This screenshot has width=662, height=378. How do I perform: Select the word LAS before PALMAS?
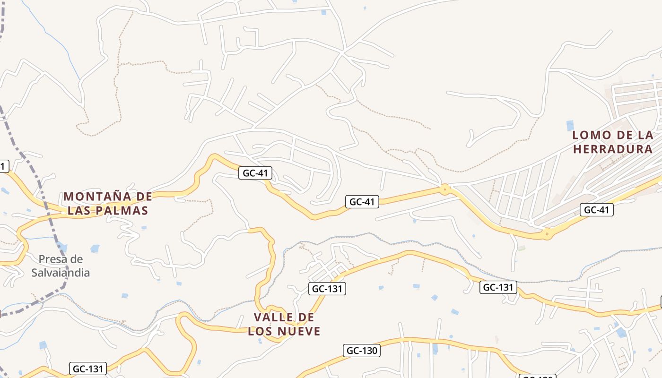(81, 211)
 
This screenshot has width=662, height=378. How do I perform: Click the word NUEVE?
(299, 331)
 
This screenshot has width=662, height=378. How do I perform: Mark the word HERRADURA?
(613, 149)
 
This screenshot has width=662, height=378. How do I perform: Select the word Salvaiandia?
(61, 273)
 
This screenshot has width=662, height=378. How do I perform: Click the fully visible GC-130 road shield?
(362, 351)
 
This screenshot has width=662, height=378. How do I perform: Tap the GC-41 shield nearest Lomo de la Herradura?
(597, 210)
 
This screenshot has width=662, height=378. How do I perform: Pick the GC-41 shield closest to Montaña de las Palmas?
(255, 173)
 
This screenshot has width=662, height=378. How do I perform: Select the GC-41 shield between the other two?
(362, 202)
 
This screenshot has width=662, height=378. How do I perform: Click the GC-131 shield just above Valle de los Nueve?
(328, 289)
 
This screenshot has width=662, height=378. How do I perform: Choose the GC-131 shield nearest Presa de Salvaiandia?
(88, 369)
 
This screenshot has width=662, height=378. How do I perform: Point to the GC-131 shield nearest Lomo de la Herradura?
(498, 287)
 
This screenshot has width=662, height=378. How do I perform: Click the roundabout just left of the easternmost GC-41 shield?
(547, 233)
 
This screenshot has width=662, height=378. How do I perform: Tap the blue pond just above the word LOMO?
(570, 125)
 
